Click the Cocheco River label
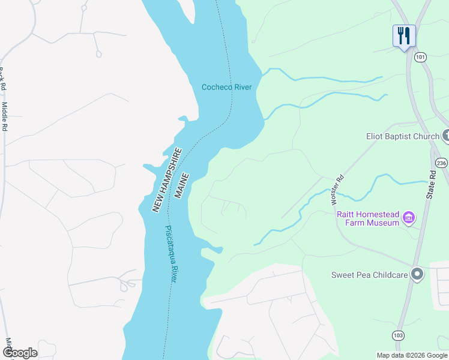[x=226, y=88]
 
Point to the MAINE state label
[x=182, y=186]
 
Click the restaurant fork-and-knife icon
[x=404, y=35]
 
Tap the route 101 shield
[x=420, y=57]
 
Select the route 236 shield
[x=442, y=163]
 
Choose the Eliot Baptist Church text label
[x=403, y=136]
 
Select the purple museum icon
[x=409, y=218]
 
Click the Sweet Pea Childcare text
[x=369, y=275]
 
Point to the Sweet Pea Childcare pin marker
[x=418, y=275]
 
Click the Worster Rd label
[x=339, y=191]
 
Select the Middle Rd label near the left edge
[x=5, y=117]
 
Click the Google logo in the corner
[x=19, y=353]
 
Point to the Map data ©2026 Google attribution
[x=412, y=355]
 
